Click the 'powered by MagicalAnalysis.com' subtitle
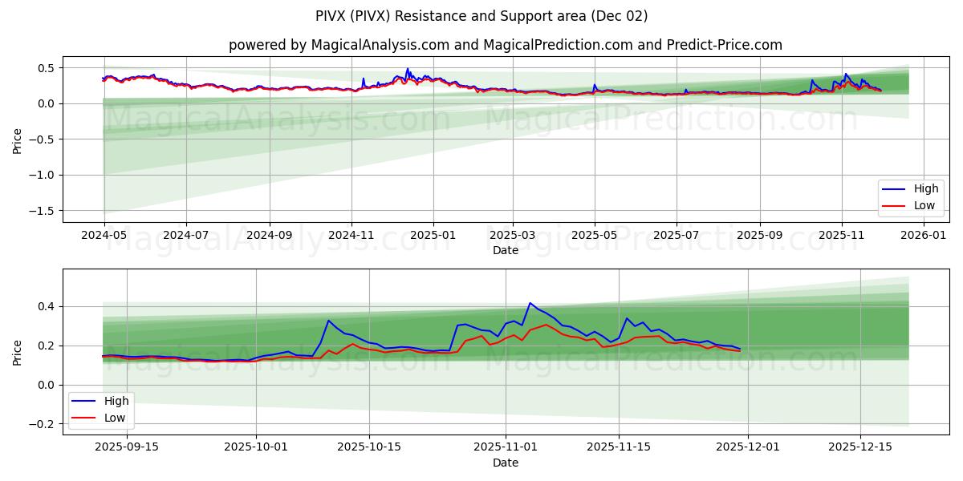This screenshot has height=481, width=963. click(x=506, y=45)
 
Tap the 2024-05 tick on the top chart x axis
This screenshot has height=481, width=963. click(x=104, y=236)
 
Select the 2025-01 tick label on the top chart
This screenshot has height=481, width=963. click(x=433, y=236)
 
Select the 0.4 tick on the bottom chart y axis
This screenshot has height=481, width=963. click(x=47, y=306)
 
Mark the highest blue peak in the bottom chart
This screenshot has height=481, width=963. click(x=530, y=303)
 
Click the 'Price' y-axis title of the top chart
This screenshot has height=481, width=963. click(x=18, y=139)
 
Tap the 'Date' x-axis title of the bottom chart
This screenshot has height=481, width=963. click(x=506, y=463)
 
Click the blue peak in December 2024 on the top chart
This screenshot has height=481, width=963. click(x=408, y=69)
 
